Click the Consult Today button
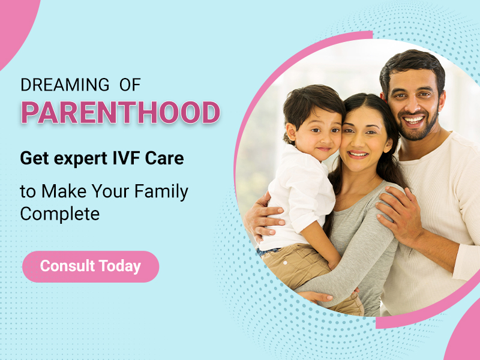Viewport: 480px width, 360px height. click(x=90, y=266)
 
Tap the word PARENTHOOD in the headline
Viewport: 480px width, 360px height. click(x=120, y=113)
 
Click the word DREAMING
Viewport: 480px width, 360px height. click(x=65, y=85)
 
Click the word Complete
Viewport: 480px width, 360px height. click(x=60, y=213)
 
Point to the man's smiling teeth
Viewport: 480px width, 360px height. click(x=413, y=119)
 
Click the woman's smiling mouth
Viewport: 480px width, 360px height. click(x=359, y=154)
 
